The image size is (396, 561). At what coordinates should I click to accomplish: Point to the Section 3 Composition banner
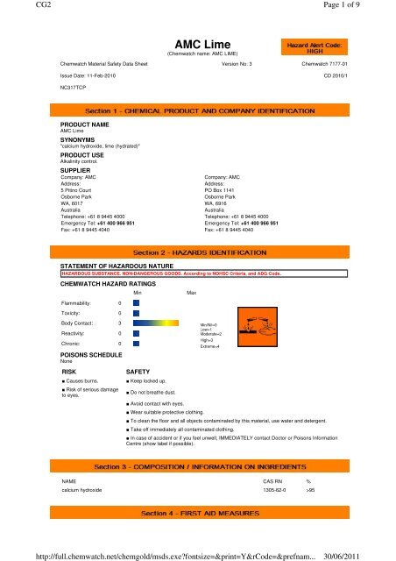[x=199, y=461]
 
